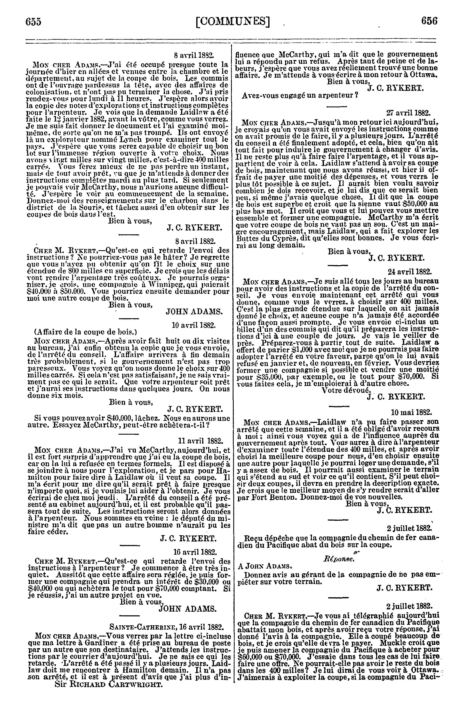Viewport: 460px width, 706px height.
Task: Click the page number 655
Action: [33, 22]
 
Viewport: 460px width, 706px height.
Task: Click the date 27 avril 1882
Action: [408, 113]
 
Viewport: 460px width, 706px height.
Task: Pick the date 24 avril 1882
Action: [410, 271]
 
